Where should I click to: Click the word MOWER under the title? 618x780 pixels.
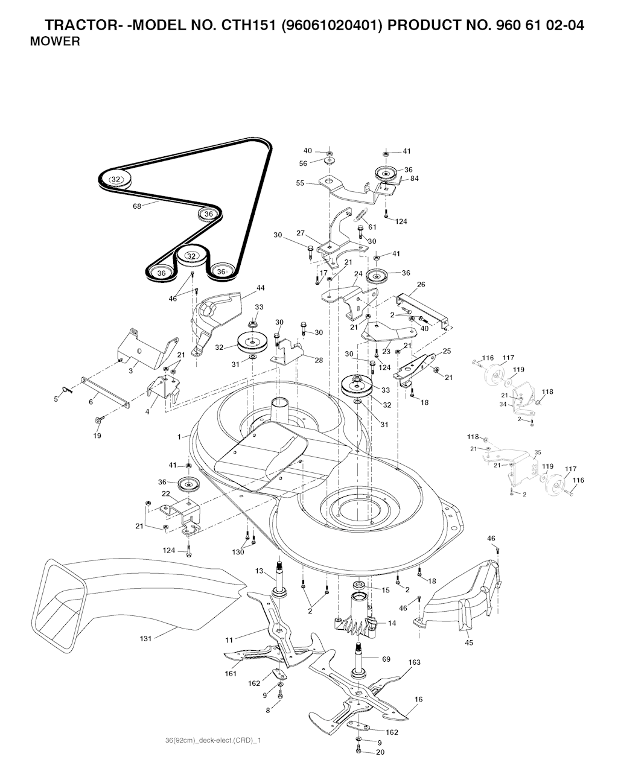(55, 41)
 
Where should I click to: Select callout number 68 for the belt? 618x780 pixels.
(137, 206)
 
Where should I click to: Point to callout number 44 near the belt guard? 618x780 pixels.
(260, 288)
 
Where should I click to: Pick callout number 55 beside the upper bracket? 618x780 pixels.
(300, 183)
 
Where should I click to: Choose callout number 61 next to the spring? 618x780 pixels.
(372, 227)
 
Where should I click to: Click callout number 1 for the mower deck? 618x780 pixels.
(179, 437)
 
